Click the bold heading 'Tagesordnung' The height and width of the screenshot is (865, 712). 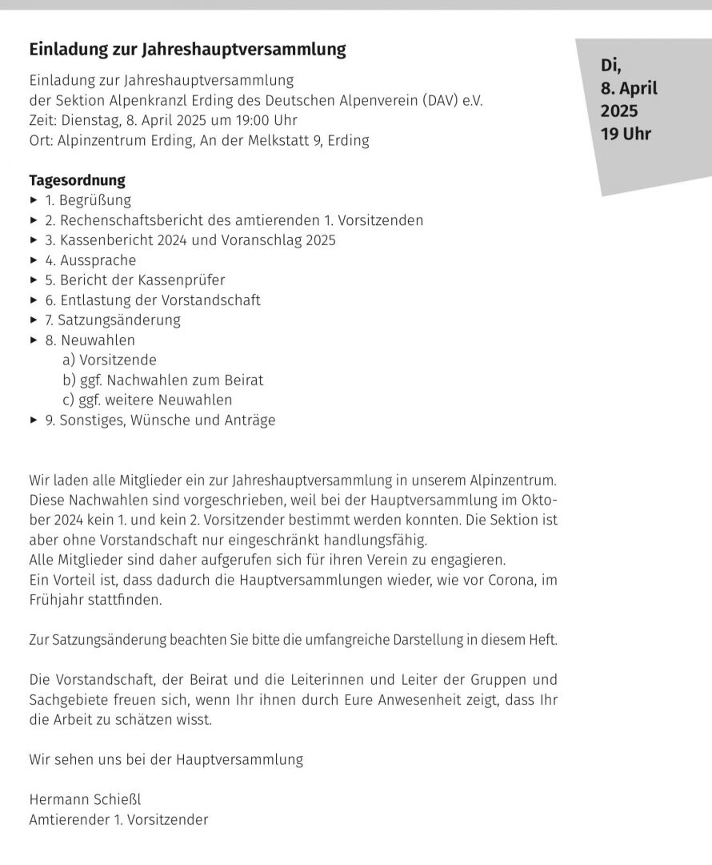click(77, 180)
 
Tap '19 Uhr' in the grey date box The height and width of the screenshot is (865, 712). click(626, 134)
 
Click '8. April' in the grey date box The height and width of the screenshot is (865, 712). click(629, 88)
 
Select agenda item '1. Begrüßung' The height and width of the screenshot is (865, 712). click(88, 200)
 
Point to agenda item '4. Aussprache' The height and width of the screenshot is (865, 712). click(90, 260)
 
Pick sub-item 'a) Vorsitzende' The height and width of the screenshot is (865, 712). click(110, 360)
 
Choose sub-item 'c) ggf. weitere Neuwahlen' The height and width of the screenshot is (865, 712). click(147, 400)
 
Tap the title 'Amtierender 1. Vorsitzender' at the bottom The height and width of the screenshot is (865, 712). click(118, 819)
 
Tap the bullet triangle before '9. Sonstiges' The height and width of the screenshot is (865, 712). click(34, 420)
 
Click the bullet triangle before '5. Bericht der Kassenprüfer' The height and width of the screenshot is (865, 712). click(34, 280)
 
